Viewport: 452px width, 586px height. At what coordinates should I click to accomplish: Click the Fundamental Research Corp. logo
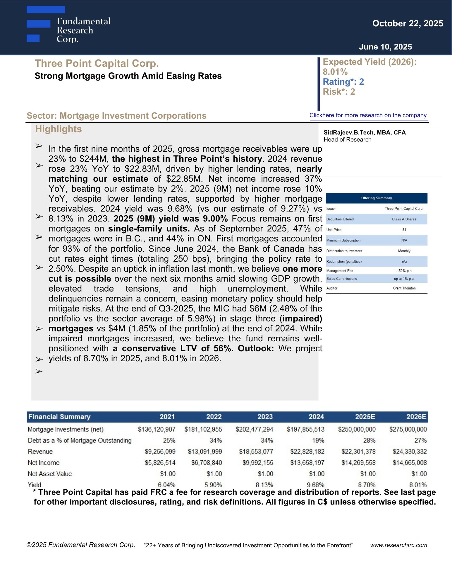tap(68, 25)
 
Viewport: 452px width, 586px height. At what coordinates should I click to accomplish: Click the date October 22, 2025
tap(408, 23)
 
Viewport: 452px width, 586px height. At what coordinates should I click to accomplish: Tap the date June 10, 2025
tap(385, 47)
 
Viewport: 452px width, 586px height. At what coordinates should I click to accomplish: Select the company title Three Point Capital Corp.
tap(97, 63)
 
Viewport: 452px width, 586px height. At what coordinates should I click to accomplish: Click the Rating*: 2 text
tap(343, 82)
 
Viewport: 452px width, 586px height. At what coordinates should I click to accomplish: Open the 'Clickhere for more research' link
tap(368, 115)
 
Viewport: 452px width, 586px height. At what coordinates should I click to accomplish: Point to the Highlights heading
tap(59, 129)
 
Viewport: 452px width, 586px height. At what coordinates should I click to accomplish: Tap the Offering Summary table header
tap(376, 198)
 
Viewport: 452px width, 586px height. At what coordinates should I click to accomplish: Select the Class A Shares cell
tap(404, 219)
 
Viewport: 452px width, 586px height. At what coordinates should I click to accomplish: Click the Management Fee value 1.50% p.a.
tap(404, 271)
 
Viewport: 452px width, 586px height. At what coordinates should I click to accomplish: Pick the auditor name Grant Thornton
tap(404, 288)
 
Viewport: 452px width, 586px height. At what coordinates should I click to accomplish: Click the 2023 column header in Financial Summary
tap(265, 417)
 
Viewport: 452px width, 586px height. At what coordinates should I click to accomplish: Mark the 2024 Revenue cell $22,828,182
tap(307, 452)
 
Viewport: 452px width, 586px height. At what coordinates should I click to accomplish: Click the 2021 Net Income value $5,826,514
tap(160, 463)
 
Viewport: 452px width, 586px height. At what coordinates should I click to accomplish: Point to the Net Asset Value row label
tap(50, 474)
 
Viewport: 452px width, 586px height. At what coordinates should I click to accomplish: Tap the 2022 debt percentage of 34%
tap(216, 440)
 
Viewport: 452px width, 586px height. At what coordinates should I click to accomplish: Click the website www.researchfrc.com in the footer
tap(398, 545)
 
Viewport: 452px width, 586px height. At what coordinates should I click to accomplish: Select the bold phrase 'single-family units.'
tap(149, 229)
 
